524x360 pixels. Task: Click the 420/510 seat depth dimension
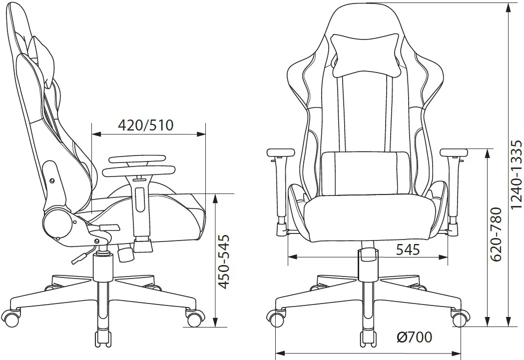pyautogui.click(x=146, y=125)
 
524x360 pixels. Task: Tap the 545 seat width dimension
pyautogui.click(x=408, y=249)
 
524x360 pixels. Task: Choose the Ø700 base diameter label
pyautogui.click(x=415, y=337)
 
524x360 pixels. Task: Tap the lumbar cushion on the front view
pyautogui.click(x=365, y=173)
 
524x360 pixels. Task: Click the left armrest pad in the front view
pyautogui.click(x=281, y=152)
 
